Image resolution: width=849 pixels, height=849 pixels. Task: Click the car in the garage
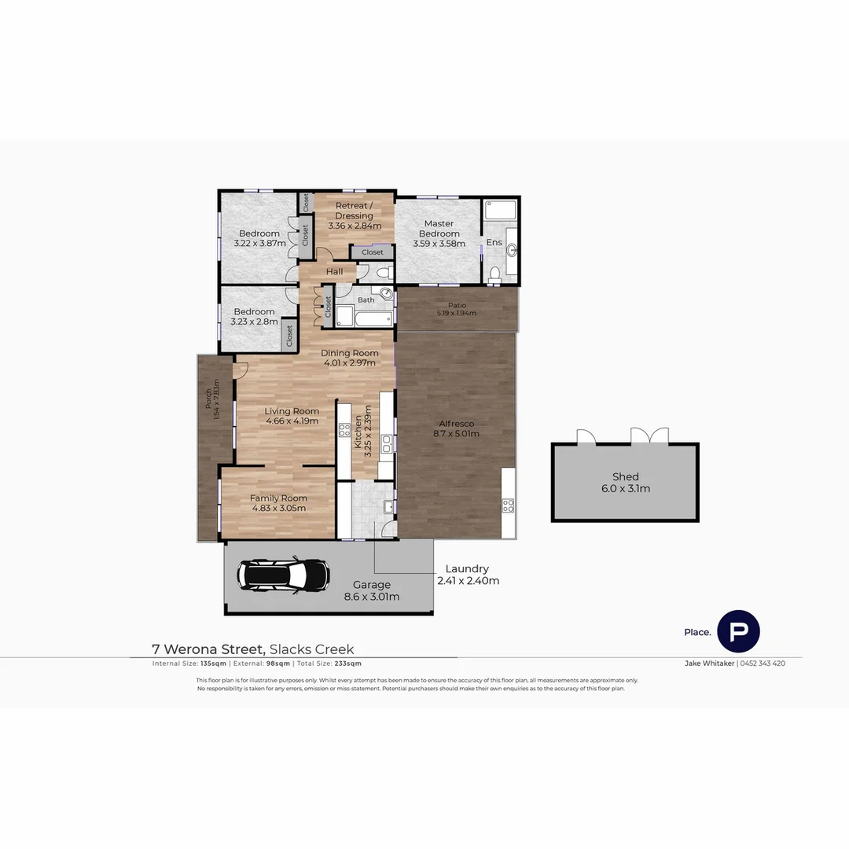(284, 575)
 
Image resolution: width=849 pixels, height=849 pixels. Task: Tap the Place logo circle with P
(738, 630)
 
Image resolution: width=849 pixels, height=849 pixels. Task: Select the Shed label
(625, 476)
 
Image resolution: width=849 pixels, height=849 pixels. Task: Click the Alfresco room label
(455, 424)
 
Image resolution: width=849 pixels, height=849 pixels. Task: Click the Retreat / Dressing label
(354, 211)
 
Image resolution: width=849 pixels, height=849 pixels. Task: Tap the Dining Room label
(350, 353)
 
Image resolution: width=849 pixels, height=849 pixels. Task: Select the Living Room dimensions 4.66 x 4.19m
(291, 421)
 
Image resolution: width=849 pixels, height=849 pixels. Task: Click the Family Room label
(278, 498)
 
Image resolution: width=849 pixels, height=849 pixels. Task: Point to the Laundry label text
(467, 568)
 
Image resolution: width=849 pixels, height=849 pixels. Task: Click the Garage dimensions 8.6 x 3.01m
(371, 597)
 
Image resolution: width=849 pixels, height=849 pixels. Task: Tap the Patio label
(457, 305)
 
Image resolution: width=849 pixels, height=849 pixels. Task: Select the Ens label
(494, 242)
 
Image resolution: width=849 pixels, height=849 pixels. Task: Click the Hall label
(335, 272)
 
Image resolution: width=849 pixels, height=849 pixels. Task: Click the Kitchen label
(358, 432)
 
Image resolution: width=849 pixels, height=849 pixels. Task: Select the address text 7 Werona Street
(208, 649)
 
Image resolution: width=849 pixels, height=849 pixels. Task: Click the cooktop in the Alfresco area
(508, 504)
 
